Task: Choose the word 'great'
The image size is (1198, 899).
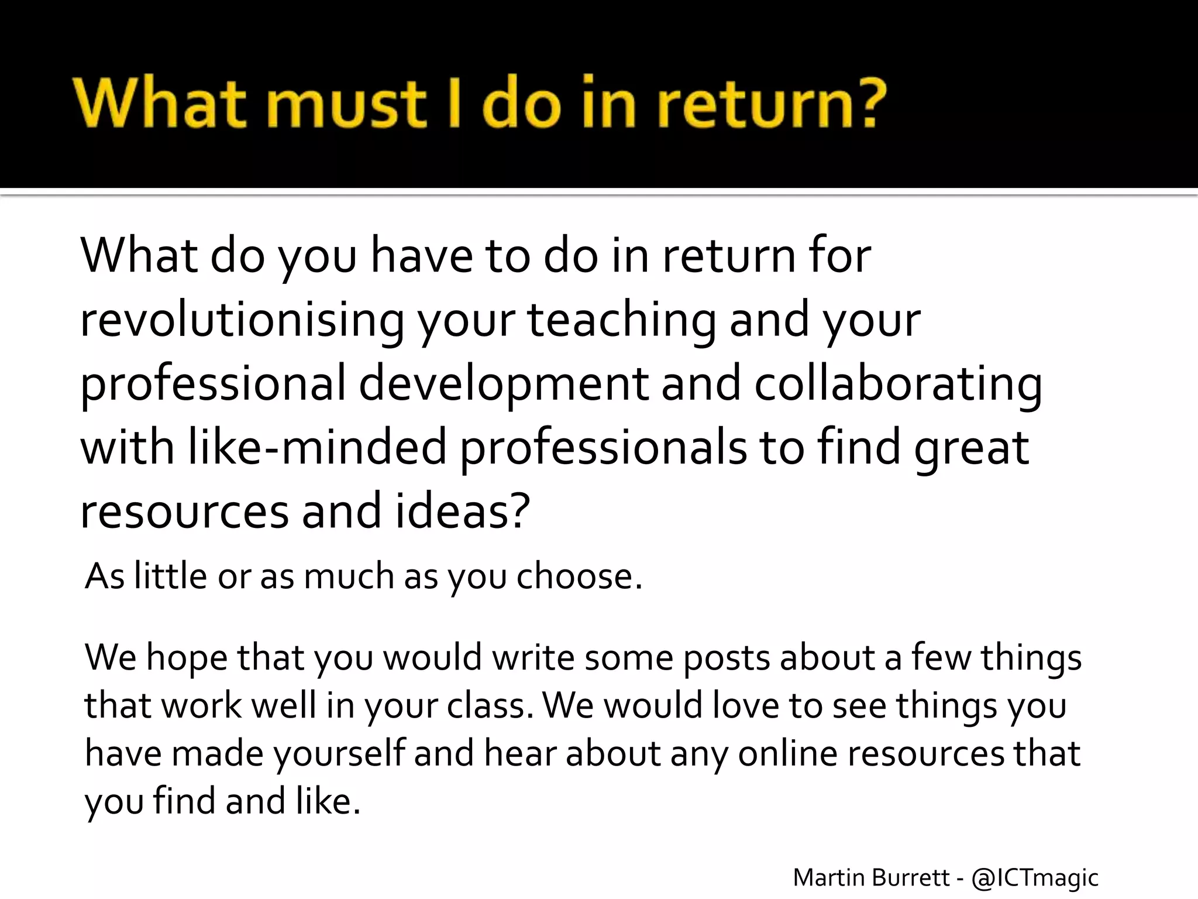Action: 971,448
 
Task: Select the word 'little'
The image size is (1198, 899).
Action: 170,576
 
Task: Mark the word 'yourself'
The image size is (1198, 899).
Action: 339,753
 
